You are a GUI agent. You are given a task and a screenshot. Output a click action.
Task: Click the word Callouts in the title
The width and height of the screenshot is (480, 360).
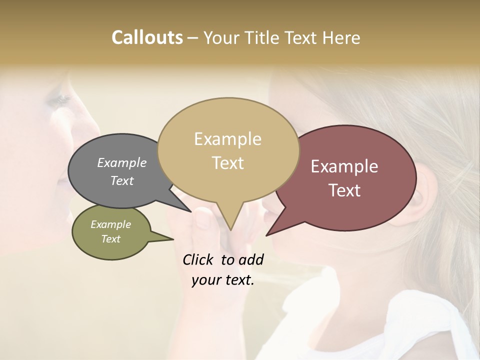point(147,37)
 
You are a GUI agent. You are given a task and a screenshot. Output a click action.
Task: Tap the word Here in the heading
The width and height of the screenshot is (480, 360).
point(340,37)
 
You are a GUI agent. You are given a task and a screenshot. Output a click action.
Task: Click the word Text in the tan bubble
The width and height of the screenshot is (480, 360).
point(227,162)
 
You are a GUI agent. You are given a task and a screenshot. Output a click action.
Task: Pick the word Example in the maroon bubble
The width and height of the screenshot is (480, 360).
point(344,166)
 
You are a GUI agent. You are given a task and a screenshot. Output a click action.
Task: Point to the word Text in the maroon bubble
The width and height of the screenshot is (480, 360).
point(344,190)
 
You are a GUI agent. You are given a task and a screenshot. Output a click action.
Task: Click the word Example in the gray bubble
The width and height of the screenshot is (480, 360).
point(122,162)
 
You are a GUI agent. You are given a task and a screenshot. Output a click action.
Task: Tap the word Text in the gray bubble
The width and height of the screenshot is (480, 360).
point(122,180)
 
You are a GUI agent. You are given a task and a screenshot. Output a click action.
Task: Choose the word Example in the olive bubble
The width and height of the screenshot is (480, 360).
point(110,224)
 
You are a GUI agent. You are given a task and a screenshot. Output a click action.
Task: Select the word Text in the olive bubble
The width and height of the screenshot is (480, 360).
point(110,238)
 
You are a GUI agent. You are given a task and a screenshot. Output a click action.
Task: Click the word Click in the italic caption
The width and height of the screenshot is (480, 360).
point(198,259)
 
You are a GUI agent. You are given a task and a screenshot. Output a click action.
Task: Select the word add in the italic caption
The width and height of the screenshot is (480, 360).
point(250,259)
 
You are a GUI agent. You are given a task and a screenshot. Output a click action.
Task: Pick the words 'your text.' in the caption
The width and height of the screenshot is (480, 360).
point(223,280)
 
